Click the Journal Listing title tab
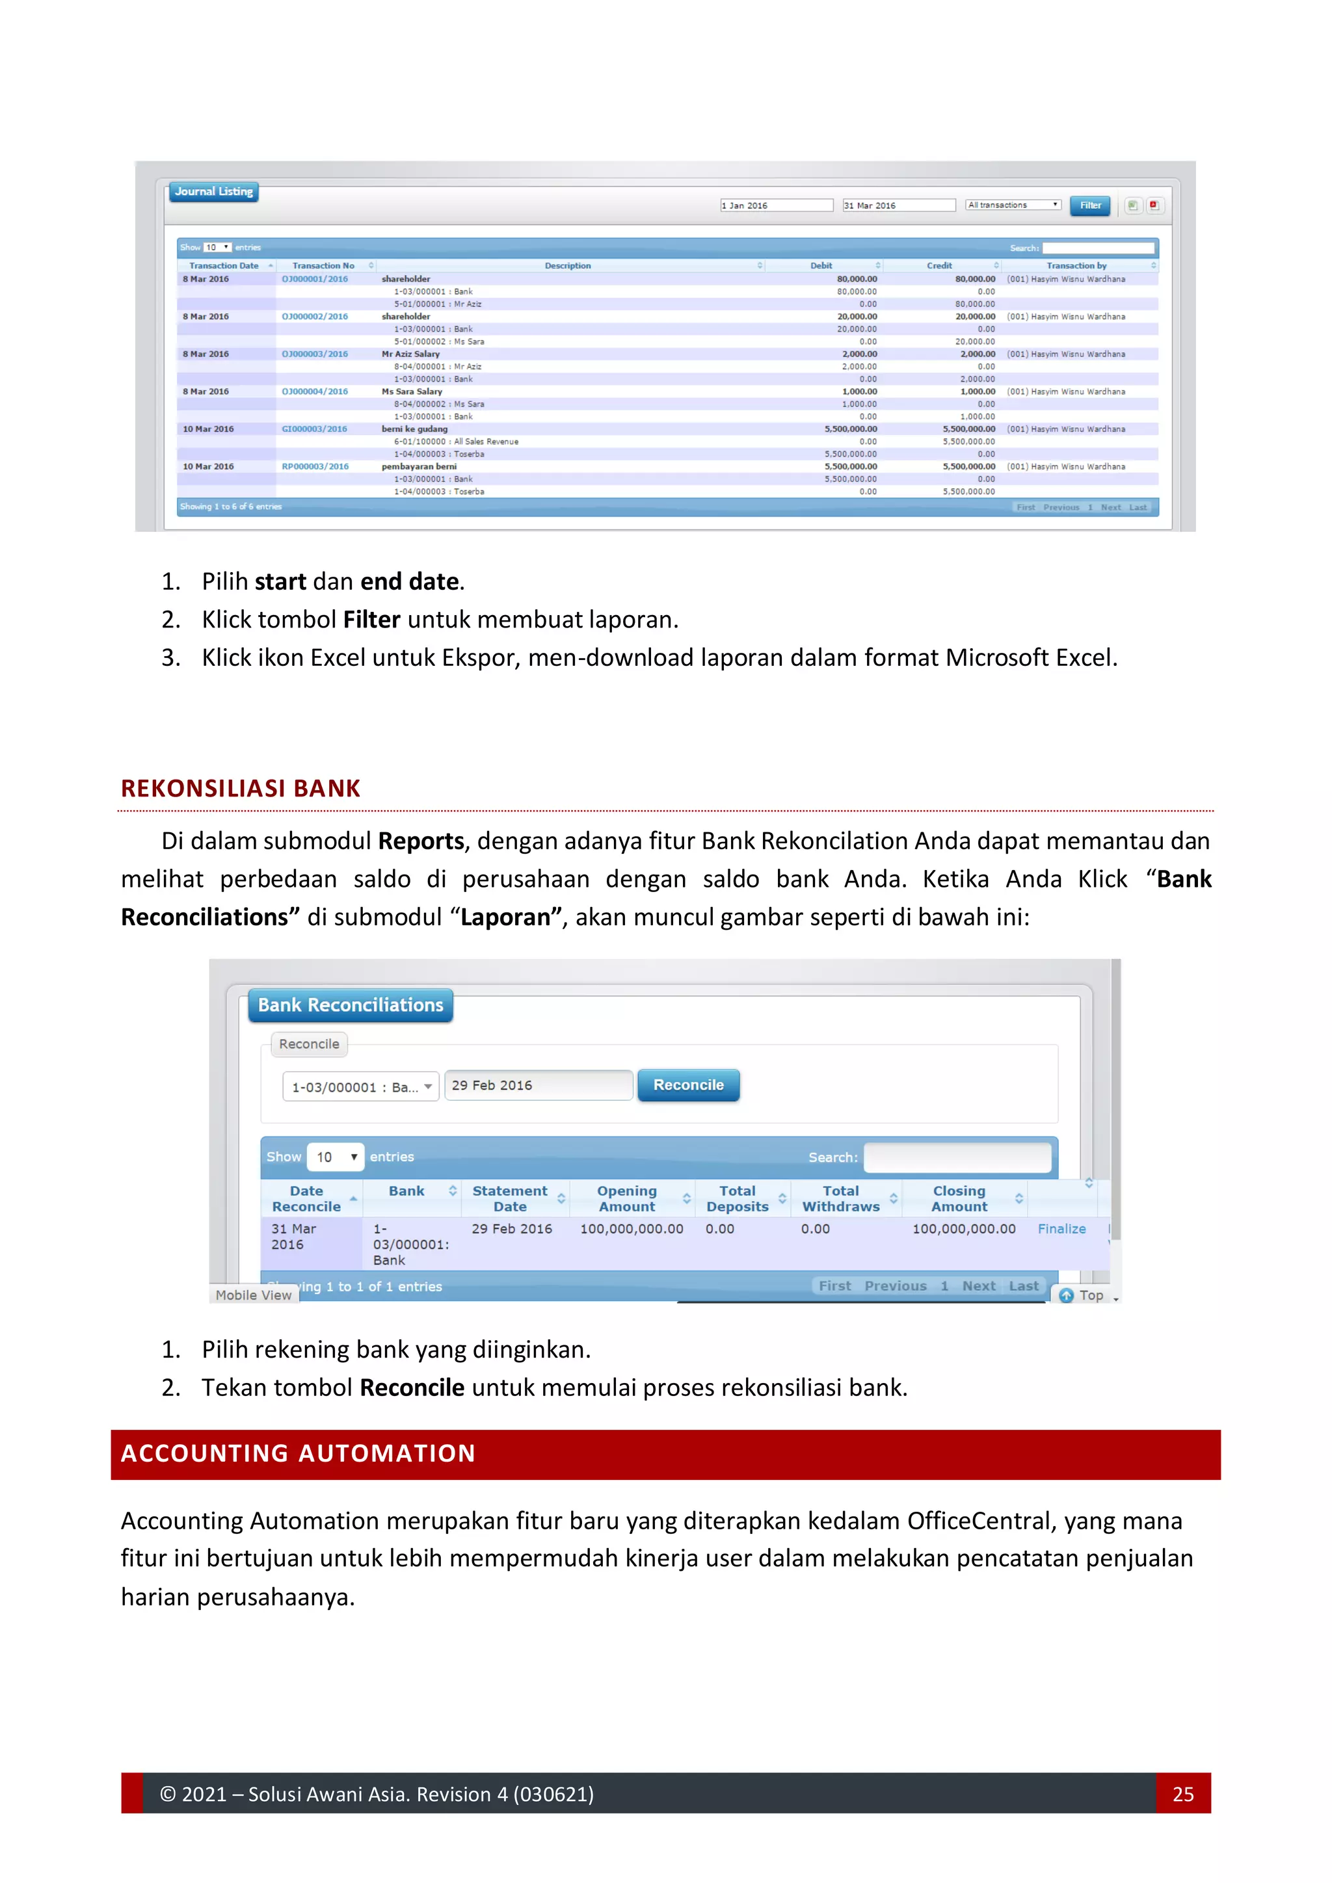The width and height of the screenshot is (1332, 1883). click(x=213, y=192)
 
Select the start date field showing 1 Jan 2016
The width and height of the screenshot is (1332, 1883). click(x=776, y=205)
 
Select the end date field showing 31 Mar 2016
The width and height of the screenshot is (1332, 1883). click(x=898, y=205)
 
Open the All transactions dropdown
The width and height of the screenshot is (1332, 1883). click(x=1012, y=205)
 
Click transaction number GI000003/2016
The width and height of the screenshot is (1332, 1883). click(x=314, y=429)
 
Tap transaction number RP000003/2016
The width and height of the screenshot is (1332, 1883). click(x=315, y=467)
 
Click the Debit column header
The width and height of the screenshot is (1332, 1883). click(x=821, y=266)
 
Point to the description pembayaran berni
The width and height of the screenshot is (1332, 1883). click(x=418, y=467)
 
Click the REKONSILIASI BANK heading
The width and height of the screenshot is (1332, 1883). click(x=240, y=788)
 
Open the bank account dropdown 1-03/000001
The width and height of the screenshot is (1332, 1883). click(x=360, y=1086)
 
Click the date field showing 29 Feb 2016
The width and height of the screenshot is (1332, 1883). click(x=537, y=1085)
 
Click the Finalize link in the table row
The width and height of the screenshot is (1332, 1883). click(x=1061, y=1228)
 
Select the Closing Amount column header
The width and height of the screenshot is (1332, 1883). click(x=959, y=1198)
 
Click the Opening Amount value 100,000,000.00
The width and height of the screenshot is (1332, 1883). click(x=631, y=1228)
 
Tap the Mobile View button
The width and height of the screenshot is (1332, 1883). click(x=254, y=1295)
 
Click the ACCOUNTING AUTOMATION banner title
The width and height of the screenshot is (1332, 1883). click(x=298, y=1453)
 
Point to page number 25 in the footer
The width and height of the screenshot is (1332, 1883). click(x=1182, y=1794)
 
